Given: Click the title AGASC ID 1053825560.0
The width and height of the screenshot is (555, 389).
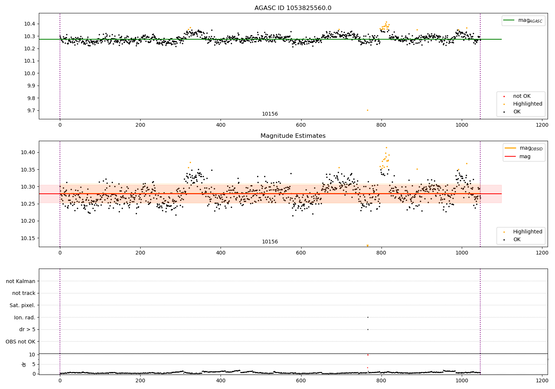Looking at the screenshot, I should click(x=293, y=8).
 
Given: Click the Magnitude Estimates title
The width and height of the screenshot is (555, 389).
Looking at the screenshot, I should click(x=293, y=136).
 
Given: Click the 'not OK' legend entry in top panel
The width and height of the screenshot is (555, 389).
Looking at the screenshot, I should click(x=522, y=96).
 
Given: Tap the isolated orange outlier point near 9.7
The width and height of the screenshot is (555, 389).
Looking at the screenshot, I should click(x=367, y=110).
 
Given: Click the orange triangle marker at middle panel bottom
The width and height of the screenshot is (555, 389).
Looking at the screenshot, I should click(x=367, y=246).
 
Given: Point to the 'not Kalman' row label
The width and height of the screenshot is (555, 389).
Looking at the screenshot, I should click(x=21, y=281).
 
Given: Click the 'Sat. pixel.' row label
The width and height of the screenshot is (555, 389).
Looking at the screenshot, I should click(x=23, y=305).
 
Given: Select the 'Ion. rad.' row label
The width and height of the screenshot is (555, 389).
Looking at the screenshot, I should click(x=25, y=317).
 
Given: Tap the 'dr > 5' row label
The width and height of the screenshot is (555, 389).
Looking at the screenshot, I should click(x=27, y=329).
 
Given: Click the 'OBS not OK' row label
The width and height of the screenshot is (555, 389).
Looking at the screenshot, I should click(x=21, y=342).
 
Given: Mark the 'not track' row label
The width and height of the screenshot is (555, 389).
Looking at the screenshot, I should click(x=24, y=293).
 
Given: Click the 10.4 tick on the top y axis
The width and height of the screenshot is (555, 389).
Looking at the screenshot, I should click(x=30, y=24).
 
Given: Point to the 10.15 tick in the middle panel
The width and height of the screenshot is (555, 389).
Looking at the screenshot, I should click(x=28, y=238).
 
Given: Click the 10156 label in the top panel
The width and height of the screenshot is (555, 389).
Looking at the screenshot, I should click(x=270, y=114).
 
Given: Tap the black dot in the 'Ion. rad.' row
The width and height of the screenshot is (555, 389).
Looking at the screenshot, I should click(x=368, y=317).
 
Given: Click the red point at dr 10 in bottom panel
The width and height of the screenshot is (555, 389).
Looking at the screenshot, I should click(x=368, y=355).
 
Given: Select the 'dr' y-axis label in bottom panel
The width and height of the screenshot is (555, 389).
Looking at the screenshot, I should click(x=24, y=364).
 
